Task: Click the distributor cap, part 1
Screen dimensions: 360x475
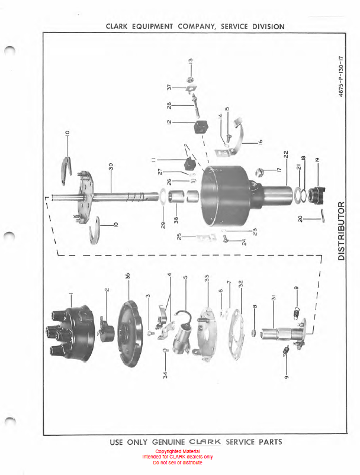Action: coord(70,332)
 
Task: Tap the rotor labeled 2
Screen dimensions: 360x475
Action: coord(106,331)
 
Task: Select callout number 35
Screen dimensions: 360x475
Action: coord(128,276)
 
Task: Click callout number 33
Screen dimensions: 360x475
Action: coord(207,278)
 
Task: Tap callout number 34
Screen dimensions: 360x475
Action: coord(165,375)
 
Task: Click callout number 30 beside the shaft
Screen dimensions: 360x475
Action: coord(111,166)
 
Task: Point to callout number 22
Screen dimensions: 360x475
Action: coord(286,154)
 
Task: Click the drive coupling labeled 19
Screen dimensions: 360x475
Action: coord(316,195)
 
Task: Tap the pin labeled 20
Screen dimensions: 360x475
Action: coord(323,216)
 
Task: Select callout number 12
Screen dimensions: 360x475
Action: coord(169,122)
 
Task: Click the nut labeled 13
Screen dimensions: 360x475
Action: coord(190,80)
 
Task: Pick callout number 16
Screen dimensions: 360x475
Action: coord(260,141)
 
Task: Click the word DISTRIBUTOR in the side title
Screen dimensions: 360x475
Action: coord(341,231)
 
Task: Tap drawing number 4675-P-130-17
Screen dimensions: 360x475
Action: coord(341,76)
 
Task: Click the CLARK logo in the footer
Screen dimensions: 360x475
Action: coord(205,442)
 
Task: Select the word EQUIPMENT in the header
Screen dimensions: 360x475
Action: coord(152,27)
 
